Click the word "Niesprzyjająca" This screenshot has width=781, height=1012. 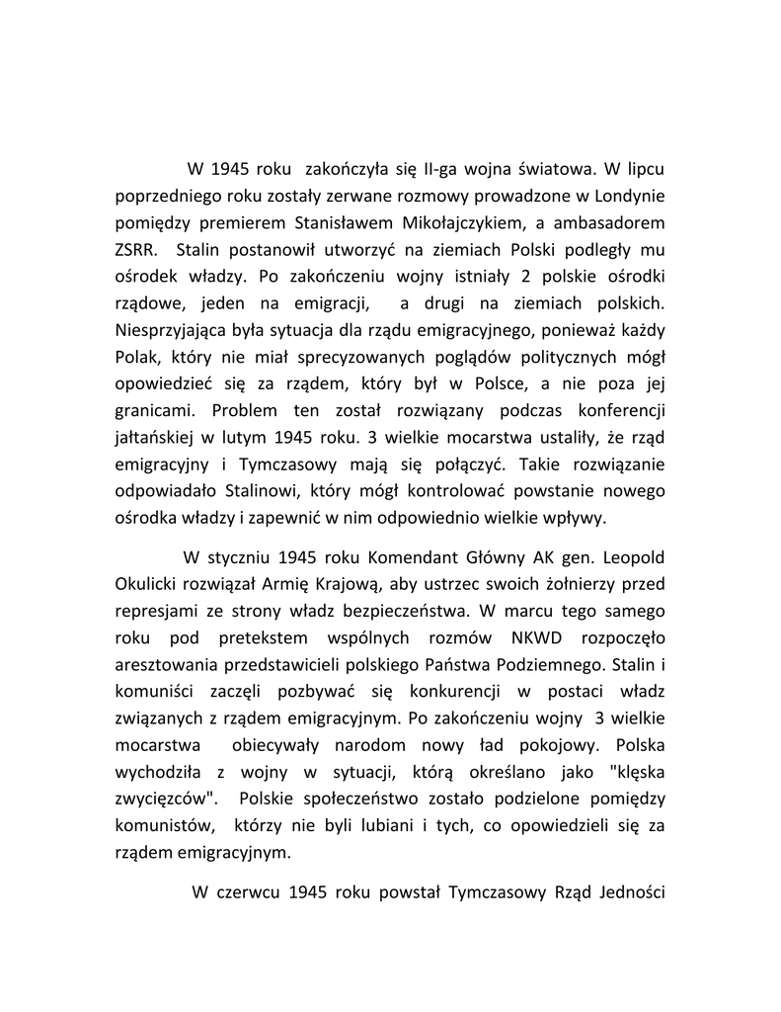coord(168,331)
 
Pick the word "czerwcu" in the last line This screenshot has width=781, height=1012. coord(247,892)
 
